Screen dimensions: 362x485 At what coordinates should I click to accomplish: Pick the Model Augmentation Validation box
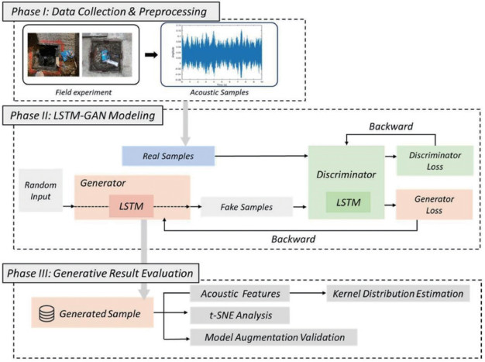[x=272, y=337]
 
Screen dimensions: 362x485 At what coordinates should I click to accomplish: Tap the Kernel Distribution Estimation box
[x=397, y=294]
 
